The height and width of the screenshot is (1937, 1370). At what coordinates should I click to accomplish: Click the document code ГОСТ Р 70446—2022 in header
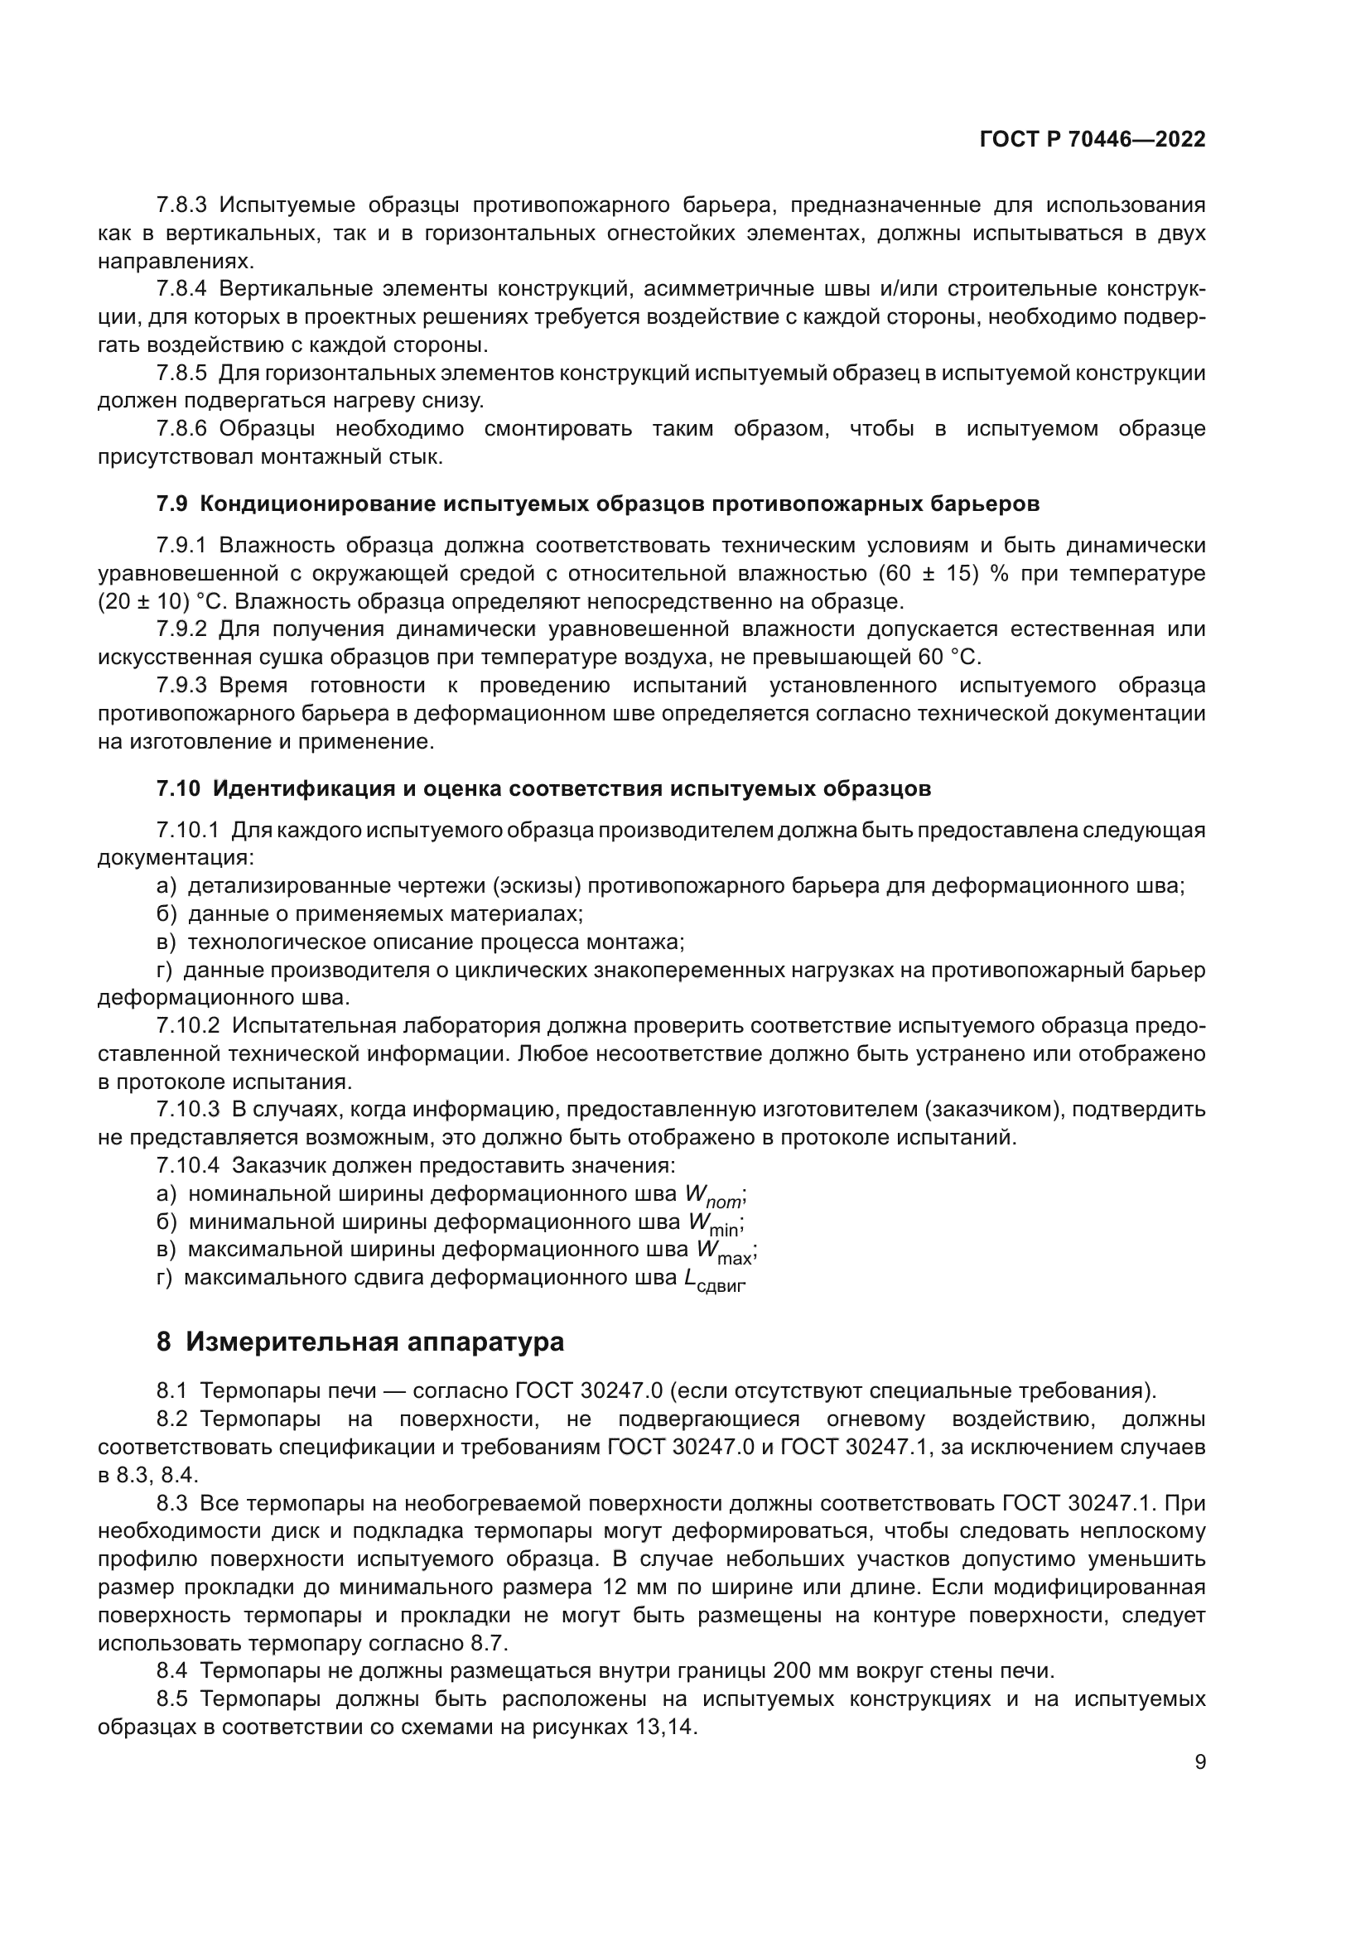click(1093, 140)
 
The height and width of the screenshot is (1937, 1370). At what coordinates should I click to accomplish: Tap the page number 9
click(1199, 1762)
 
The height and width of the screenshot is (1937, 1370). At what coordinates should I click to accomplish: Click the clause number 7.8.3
click(181, 205)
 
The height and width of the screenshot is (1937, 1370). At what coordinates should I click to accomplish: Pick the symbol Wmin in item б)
click(716, 1223)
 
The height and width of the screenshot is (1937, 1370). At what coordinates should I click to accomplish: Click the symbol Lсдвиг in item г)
click(714, 1279)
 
